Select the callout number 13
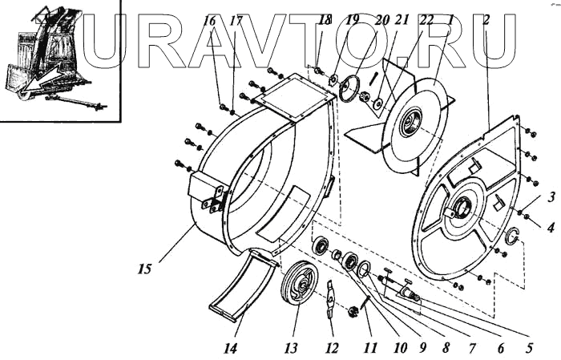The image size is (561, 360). pyautogui.click(x=290, y=347)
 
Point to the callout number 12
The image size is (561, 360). pyautogui.click(x=332, y=347)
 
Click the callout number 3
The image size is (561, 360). pyautogui.click(x=551, y=196)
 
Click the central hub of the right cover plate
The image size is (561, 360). pyautogui.click(x=462, y=212)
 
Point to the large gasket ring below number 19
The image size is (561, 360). pyautogui.click(x=350, y=86)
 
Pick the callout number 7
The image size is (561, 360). pyautogui.click(x=474, y=347)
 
